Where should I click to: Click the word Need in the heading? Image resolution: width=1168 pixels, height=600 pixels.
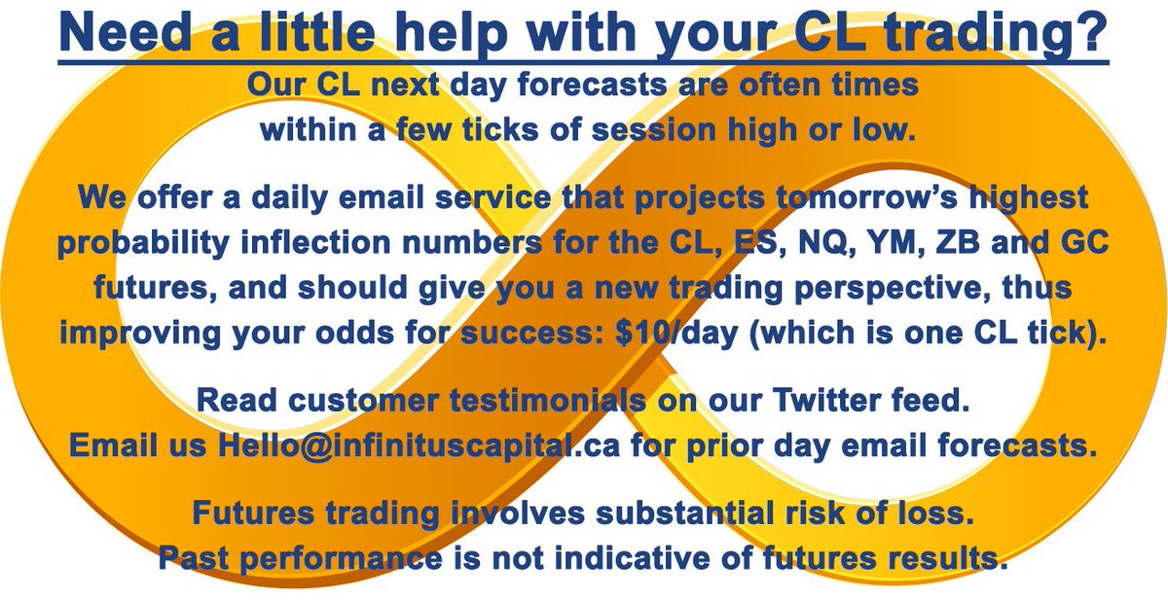(x=126, y=31)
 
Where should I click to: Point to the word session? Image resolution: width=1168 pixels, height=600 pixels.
(x=654, y=129)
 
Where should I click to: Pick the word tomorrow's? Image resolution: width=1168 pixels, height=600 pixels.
(x=866, y=197)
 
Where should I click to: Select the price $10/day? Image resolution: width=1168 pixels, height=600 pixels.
(x=676, y=333)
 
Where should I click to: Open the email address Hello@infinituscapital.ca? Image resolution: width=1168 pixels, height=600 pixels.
(x=420, y=446)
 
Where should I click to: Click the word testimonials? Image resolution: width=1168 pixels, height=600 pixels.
(x=547, y=400)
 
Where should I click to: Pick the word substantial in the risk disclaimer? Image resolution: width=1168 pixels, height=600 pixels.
(x=684, y=513)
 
